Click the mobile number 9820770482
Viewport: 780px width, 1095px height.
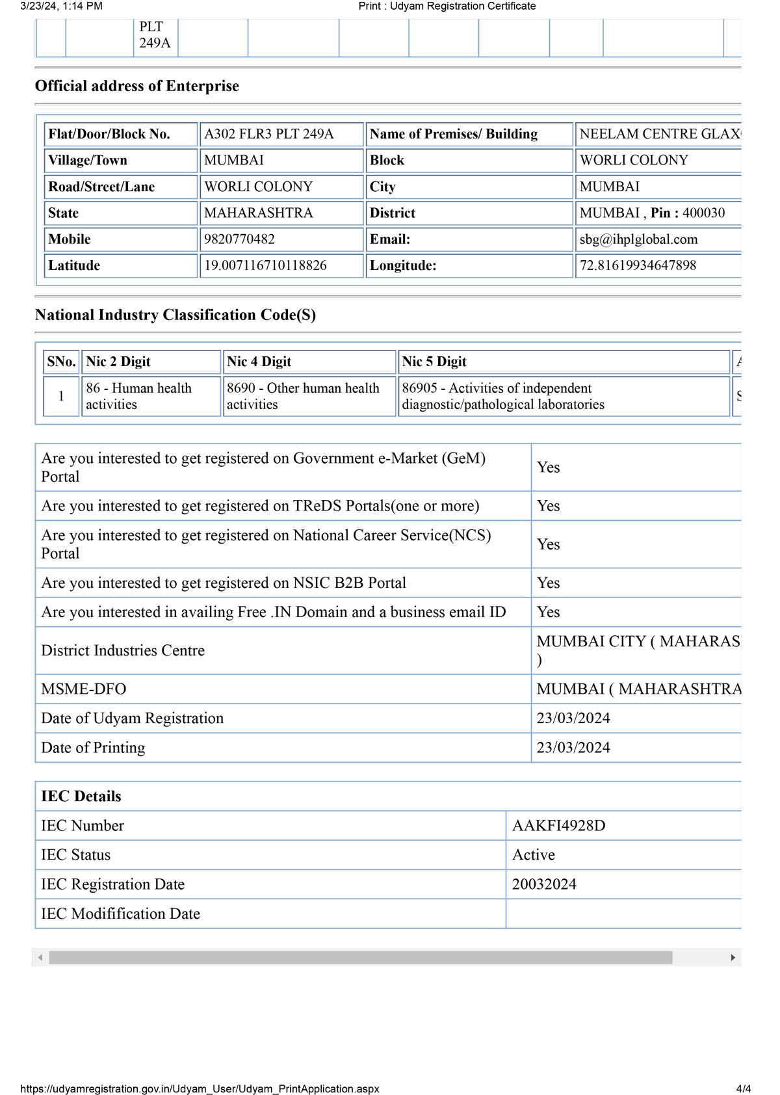point(239,239)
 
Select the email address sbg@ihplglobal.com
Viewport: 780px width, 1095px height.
point(638,239)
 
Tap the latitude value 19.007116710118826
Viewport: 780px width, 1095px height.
point(265,265)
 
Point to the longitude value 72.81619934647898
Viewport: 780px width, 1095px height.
point(638,265)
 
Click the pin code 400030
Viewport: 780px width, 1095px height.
point(703,213)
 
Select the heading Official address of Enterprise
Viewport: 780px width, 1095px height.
point(137,86)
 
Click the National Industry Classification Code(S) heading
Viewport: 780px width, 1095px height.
point(175,315)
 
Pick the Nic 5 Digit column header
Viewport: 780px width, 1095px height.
point(434,362)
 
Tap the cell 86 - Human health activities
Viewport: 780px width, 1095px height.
point(138,396)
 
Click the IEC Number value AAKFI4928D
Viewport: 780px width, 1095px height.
point(558,826)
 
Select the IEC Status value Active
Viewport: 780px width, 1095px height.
point(534,855)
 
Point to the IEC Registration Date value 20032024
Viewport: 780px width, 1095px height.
point(544,884)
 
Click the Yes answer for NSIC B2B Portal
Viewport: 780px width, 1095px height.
point(548,583)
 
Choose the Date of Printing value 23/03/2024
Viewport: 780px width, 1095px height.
point(573,748)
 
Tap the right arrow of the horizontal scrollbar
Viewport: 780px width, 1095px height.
point(733,957)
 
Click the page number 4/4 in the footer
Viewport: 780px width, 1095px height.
point(744,1088)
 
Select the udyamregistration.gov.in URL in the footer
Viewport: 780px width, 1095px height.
point(200,1088)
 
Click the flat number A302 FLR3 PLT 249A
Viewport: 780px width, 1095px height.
point(268,134)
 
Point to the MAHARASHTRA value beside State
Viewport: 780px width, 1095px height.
point(258,213)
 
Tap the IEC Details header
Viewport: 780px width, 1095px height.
point(81,797)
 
